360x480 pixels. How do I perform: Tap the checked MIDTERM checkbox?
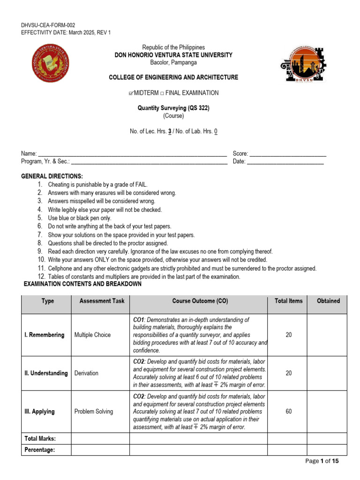tap(131, 93)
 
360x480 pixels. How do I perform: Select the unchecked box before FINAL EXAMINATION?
tap(162, 93)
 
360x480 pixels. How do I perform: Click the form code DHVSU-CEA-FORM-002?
tap(48, 25)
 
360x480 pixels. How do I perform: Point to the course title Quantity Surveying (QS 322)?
tap(173, 108)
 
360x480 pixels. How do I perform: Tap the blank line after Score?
tap(288, 154)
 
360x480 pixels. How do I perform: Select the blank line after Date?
tap(285, 162)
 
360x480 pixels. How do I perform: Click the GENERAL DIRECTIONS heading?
tap(52, 176)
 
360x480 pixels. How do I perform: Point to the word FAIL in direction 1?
tap(140, 185)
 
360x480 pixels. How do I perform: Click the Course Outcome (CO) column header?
tap(200, 301)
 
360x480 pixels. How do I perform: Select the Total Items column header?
tap(288, 301)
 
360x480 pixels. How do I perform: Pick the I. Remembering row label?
tap(45, 335)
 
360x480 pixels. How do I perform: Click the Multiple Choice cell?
tap(92, 335)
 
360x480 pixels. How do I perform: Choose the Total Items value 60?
tap(288, 412)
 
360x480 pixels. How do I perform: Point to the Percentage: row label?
tap(39, 450)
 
